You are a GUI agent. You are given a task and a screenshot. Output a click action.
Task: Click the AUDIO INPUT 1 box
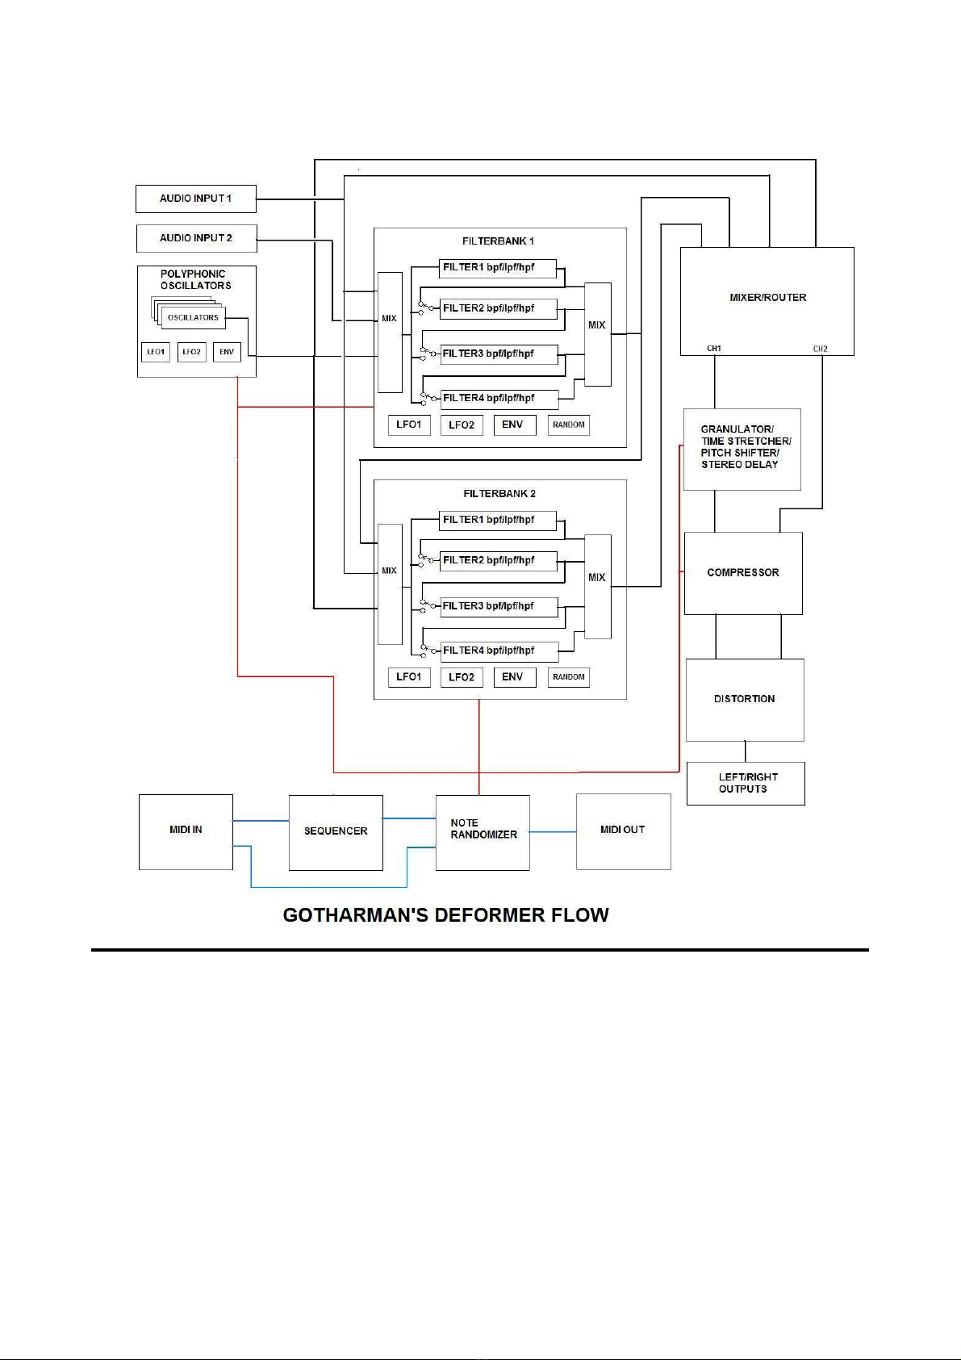click(195, 199)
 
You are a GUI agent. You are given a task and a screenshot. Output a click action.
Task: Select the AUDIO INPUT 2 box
click(196, 238)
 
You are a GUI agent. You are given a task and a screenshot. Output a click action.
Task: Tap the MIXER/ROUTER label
click(768, 298)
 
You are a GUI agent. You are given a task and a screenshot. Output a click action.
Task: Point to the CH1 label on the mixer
click(714, 349)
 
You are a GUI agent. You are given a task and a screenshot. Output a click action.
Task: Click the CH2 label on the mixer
click(820, 349)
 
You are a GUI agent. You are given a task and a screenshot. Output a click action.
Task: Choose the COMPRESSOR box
click(743, 573)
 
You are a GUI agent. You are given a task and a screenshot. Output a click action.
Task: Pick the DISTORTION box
click(745, 700)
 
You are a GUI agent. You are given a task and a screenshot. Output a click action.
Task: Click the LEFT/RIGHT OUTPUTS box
click(746, 783)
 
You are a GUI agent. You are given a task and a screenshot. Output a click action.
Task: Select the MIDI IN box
click(186, 832)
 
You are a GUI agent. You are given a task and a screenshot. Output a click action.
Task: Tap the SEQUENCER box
click(336, 832)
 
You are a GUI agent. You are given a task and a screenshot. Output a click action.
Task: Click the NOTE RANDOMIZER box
click(483, 832)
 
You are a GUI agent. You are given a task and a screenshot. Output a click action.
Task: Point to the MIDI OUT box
click(624, 831)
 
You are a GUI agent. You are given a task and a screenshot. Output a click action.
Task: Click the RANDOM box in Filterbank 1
click(568, 425)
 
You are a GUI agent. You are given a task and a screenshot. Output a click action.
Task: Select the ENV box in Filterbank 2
click(515, 677)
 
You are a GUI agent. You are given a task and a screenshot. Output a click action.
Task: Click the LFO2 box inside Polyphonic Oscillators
click(192, 352)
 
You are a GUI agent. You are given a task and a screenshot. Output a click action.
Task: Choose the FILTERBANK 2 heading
click(499, 494)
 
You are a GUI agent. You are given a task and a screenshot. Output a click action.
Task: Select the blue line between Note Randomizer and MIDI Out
click(553, 832)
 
